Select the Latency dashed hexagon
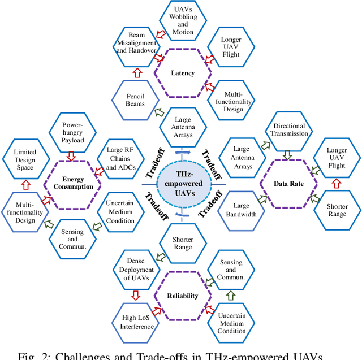pyautogui.click(x=183, y=73)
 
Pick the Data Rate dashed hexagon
pyautogui.click(x=288, y=184)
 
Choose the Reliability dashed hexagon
pyautogui.click(x=183, y=296)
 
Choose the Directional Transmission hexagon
pyautogui.click(x=290, y=130)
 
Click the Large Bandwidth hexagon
pyautogui.click(x=241, y=210)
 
